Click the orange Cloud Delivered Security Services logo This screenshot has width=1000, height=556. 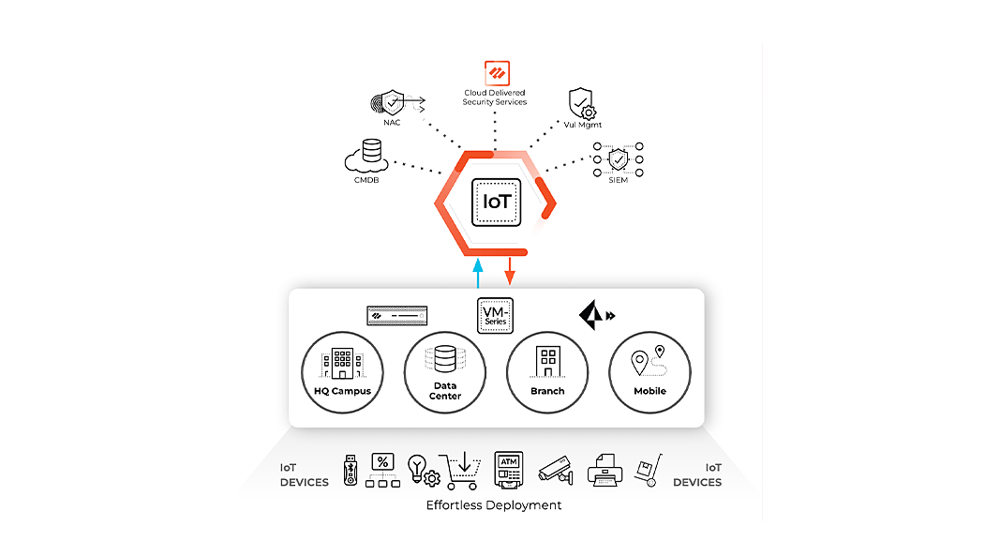495,73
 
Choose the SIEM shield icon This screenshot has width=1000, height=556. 618,159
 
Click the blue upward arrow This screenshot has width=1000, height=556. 478,274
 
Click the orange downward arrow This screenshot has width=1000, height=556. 510,271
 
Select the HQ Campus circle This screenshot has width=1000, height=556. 342,372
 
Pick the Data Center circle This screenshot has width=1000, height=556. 444,372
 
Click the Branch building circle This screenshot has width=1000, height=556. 546,372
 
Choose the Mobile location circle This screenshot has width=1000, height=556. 649,372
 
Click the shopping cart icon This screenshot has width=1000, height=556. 460,470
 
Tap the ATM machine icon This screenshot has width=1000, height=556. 508,469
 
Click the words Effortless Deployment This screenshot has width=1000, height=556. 494,504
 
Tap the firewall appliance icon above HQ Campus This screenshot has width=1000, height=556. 397,314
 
